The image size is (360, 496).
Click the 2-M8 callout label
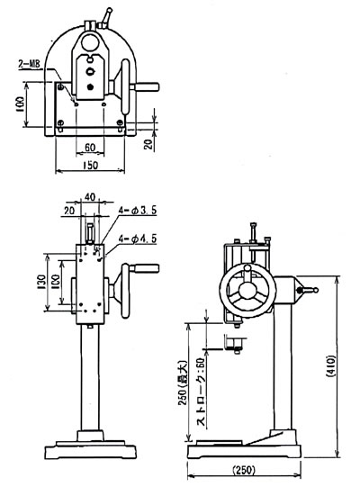(x=30, y=64)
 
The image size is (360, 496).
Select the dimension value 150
(x=91, y=165)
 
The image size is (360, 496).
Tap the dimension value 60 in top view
(x=90, y=148)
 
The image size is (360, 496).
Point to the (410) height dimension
(x=330, y=366)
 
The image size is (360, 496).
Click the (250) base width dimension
(x=244, y=470)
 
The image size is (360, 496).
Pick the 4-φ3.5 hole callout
(x=138, y=211)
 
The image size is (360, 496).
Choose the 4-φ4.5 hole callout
(x=138, y=239)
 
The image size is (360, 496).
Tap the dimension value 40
(x=90, y=197)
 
